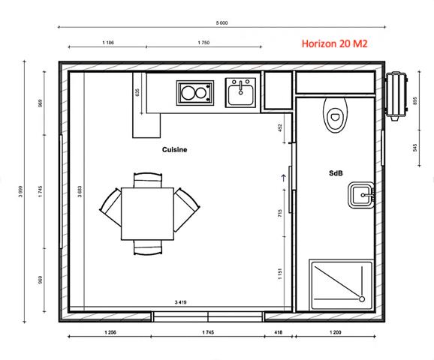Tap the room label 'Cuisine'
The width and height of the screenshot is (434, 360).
tap(174, 150)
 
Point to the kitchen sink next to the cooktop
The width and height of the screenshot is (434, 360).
tap(242, 92)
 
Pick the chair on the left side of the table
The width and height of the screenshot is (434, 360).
tap(110, 209)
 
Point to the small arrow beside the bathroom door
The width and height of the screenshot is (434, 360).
tap(282, 178)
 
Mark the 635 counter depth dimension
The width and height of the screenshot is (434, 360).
tap(138, 93)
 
